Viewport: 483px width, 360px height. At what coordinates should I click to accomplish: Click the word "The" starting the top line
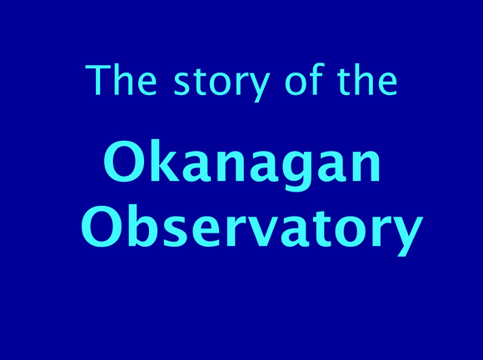click(x=121, y=79)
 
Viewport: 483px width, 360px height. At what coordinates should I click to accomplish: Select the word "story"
click(x=222, y=83)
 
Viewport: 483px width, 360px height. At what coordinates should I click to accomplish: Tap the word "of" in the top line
click(x=305, y=79)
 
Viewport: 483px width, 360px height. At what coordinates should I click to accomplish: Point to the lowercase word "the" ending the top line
click(x=367, y=79)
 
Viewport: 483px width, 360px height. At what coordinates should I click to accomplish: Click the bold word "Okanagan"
click(x=242, y=166)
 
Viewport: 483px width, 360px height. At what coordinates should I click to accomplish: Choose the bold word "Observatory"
click(x=252, y=229)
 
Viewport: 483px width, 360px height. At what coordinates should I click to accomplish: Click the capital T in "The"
click(x=97, y=80)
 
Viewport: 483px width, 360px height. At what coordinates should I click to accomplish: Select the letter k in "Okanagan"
click(x=165, y=161)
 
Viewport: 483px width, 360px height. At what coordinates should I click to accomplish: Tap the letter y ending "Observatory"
click(x=407, y=236)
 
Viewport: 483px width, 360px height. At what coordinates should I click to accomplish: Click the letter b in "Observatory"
click(x=144, y=225)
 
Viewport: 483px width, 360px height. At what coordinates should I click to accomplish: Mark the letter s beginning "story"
click(x=182, y=83)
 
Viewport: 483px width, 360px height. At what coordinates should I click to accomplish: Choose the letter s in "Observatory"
click(x=177, y=231)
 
